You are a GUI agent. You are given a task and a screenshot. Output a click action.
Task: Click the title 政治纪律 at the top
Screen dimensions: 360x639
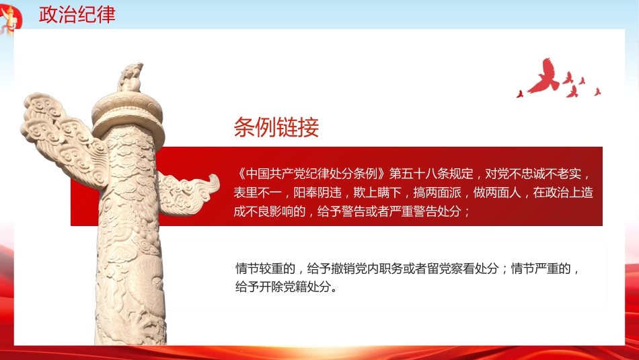(x=77, y=14)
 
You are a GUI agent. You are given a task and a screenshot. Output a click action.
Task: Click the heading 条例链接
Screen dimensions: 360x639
(x=276, y=127)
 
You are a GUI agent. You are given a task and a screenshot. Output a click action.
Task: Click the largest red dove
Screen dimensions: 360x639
(x=543, y=75)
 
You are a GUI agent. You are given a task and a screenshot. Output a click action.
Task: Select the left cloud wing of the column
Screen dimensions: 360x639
(x=57, y=135)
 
